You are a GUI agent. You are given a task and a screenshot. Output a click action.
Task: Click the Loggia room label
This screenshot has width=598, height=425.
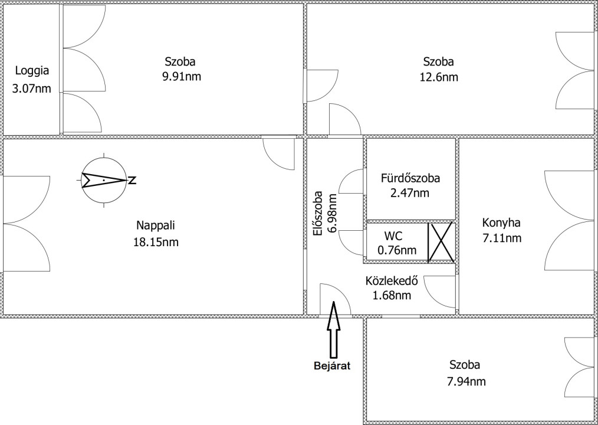click(x=32, y=71)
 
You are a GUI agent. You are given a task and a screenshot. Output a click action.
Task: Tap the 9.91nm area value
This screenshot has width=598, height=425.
click(x=182, y=76)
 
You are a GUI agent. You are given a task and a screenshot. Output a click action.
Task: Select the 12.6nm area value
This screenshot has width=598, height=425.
click(x=439, y=77)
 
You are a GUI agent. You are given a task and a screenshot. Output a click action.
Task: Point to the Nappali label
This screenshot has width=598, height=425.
click(x=156, y=225)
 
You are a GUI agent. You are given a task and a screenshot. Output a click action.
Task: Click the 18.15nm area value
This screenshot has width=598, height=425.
click(x=156, y=241)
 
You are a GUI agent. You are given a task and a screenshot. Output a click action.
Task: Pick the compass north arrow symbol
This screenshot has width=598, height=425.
click(x=104, y=180)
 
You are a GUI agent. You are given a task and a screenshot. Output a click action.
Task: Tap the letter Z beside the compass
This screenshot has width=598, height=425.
click(x=132, y=180)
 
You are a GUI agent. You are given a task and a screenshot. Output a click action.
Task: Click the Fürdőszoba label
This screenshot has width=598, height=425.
click(x=410, y=178)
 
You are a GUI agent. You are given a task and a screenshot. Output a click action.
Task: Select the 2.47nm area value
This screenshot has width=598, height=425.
click(x=410, y=193)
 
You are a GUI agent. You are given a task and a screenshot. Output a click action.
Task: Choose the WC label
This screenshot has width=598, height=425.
click(x=393, y=235)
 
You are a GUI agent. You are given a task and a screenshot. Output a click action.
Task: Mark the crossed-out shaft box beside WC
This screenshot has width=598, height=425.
click(x=441, y=242)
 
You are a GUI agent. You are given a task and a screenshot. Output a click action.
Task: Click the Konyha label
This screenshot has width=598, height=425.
click(x=501, y=223)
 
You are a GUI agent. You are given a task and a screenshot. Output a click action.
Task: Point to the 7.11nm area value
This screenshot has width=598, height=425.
click(x=502, y=238)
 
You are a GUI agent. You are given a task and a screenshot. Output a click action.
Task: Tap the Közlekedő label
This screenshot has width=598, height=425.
click(x=392, y=280)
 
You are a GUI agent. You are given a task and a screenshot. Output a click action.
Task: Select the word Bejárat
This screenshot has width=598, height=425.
click(x=332, y=366)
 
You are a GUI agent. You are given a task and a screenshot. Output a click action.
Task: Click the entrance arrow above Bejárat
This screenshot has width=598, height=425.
click(x=334, y=329)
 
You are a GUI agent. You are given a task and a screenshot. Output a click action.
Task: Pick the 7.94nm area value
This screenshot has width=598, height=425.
click(x=466, y=381)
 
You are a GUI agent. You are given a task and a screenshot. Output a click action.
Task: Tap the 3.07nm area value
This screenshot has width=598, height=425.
click(x=32, y=89)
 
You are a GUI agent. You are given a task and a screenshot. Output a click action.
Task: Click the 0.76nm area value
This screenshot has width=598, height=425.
click(x=397, y=250)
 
